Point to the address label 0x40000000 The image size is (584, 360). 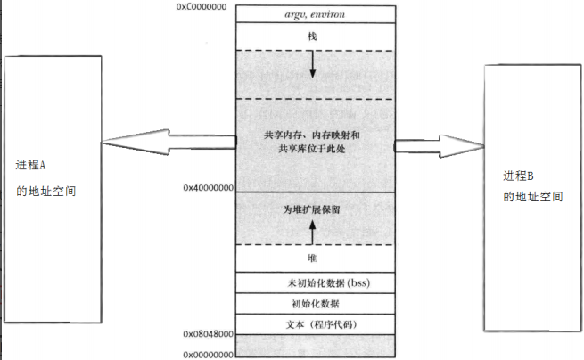[x=207, y=189]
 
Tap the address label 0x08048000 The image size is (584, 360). [x=208, y=333]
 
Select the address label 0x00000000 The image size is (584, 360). [x=208, y=354]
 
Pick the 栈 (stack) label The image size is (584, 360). [x=312, y=36]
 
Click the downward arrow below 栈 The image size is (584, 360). [x=312, y=65]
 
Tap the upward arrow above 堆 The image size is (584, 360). [x=312, y=232]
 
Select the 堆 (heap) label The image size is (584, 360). [x=312, y=258]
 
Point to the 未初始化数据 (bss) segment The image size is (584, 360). [x=314, y=282]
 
